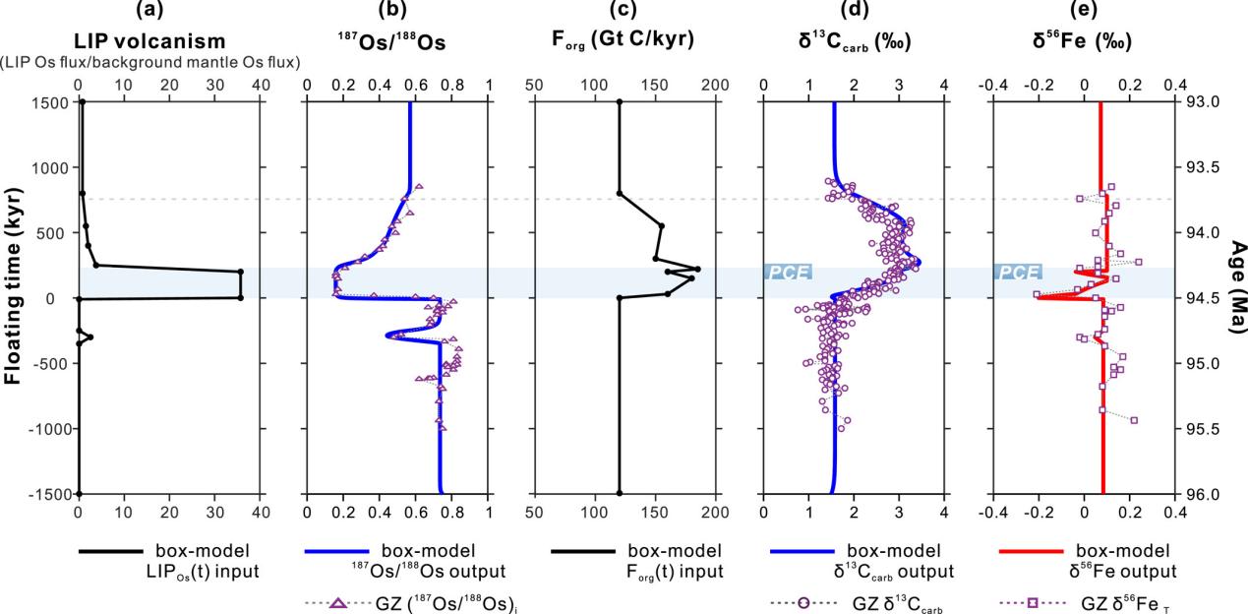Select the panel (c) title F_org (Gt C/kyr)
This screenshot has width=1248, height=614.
[x=624, y=41]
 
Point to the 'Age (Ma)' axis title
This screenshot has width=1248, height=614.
[x=1236, y=288]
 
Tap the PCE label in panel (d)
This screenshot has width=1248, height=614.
[x=788, y=272]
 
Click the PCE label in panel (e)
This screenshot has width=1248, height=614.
[x=1017, y=272]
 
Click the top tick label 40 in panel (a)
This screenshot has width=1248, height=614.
[x=261, y=86]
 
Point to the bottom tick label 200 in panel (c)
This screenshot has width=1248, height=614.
[x=715, y=510]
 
